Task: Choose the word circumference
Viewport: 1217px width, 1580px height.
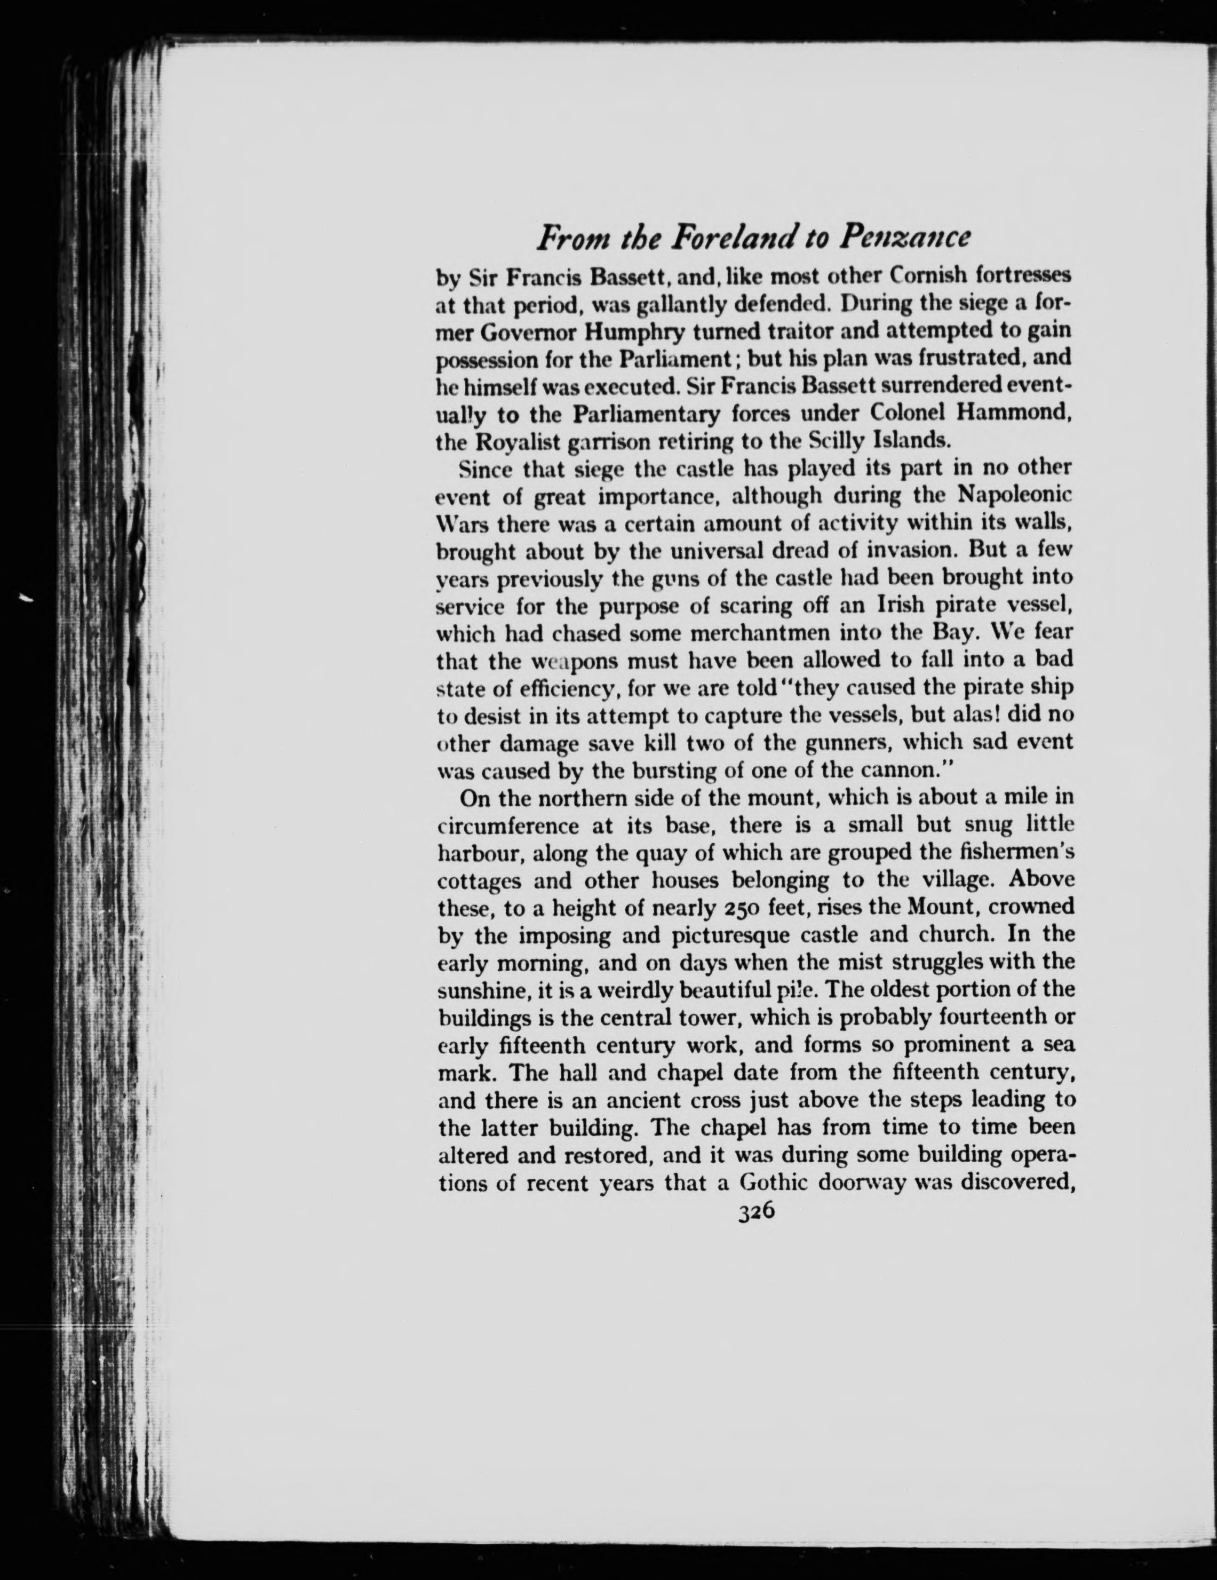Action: tap(508, 826)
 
